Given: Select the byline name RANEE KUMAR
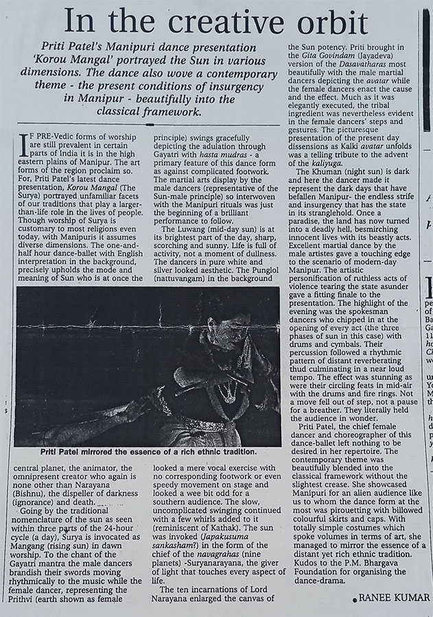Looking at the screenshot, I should (394, 598).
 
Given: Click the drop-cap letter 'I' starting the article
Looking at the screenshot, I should (27, 146).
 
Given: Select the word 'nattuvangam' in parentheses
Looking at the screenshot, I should (187, 280).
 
